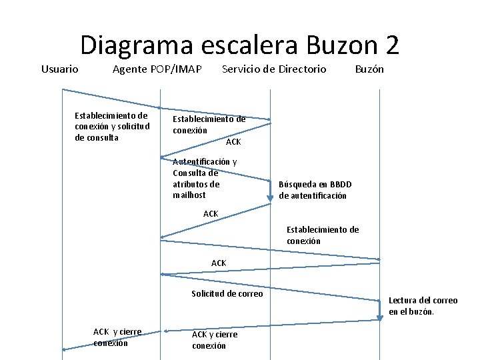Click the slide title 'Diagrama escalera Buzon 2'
[x=240, y=45]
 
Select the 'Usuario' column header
[x=59, y=69]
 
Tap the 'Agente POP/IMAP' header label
[x=157, y=69]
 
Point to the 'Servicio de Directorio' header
[x=273, y=69]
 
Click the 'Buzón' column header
[x=369, y=69]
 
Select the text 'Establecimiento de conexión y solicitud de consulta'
[x=112, y=126]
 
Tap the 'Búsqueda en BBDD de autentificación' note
[x=315, y=190]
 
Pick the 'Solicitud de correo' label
[x=227, y=293]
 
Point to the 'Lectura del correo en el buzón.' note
[x=423, y=306]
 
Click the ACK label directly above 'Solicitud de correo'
[x=219, y=263]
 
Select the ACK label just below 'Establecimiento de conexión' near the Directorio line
[x=233, y=142]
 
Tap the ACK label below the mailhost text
[x=211, y=213]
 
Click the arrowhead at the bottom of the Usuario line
[x=65, y=349]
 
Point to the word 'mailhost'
[x=189, y=195]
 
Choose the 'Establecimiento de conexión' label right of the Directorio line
[x=323, y=235]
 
